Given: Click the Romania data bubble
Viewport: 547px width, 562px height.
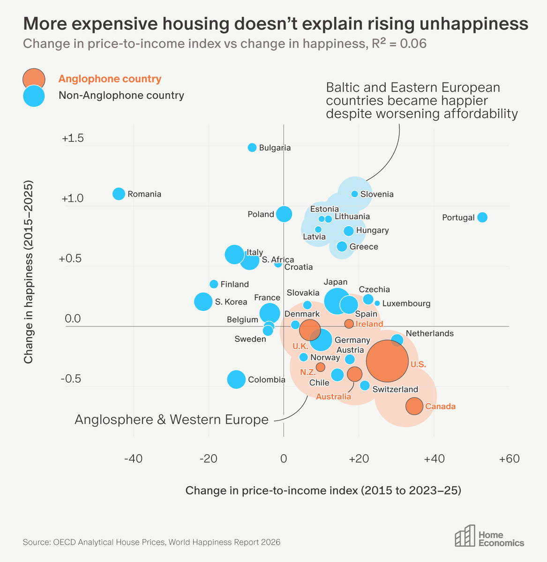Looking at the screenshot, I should (119, 193).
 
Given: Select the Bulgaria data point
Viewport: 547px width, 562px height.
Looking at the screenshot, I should (252, 148).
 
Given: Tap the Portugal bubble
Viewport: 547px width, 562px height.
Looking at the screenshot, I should (482, 217).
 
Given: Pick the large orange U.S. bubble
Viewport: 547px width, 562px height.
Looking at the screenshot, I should (387, 361).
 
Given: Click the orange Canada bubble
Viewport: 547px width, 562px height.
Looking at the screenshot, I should (414, 406).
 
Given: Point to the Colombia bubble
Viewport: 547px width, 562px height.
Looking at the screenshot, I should (237, 379).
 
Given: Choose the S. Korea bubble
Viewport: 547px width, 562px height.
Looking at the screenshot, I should (203, 302).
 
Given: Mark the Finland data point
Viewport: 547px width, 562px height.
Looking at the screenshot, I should (214, 284).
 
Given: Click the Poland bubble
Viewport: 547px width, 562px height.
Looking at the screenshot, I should (284, 214).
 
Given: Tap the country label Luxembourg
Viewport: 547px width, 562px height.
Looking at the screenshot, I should (406, 303).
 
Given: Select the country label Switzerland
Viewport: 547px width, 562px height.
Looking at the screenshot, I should (395, 389).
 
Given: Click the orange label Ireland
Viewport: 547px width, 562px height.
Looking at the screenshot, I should (369, 324).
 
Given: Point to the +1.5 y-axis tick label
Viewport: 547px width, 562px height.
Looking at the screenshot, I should (72, 139).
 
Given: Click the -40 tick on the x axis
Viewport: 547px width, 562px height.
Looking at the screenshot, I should (133, 459).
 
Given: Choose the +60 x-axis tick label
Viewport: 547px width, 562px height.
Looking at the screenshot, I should (509, 459).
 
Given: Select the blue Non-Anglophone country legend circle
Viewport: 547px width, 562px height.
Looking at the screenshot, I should (34, 96).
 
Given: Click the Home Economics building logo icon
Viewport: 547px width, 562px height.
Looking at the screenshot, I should (465, 536).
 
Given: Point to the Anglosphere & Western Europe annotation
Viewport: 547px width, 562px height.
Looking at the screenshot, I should (172, 420).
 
